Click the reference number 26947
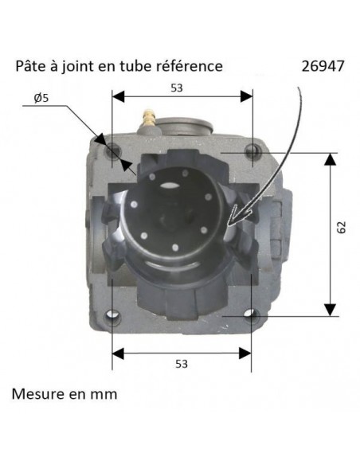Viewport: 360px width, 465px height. [323, 65]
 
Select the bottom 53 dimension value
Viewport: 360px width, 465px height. [182, 364]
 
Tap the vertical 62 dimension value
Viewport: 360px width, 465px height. [341, 229]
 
